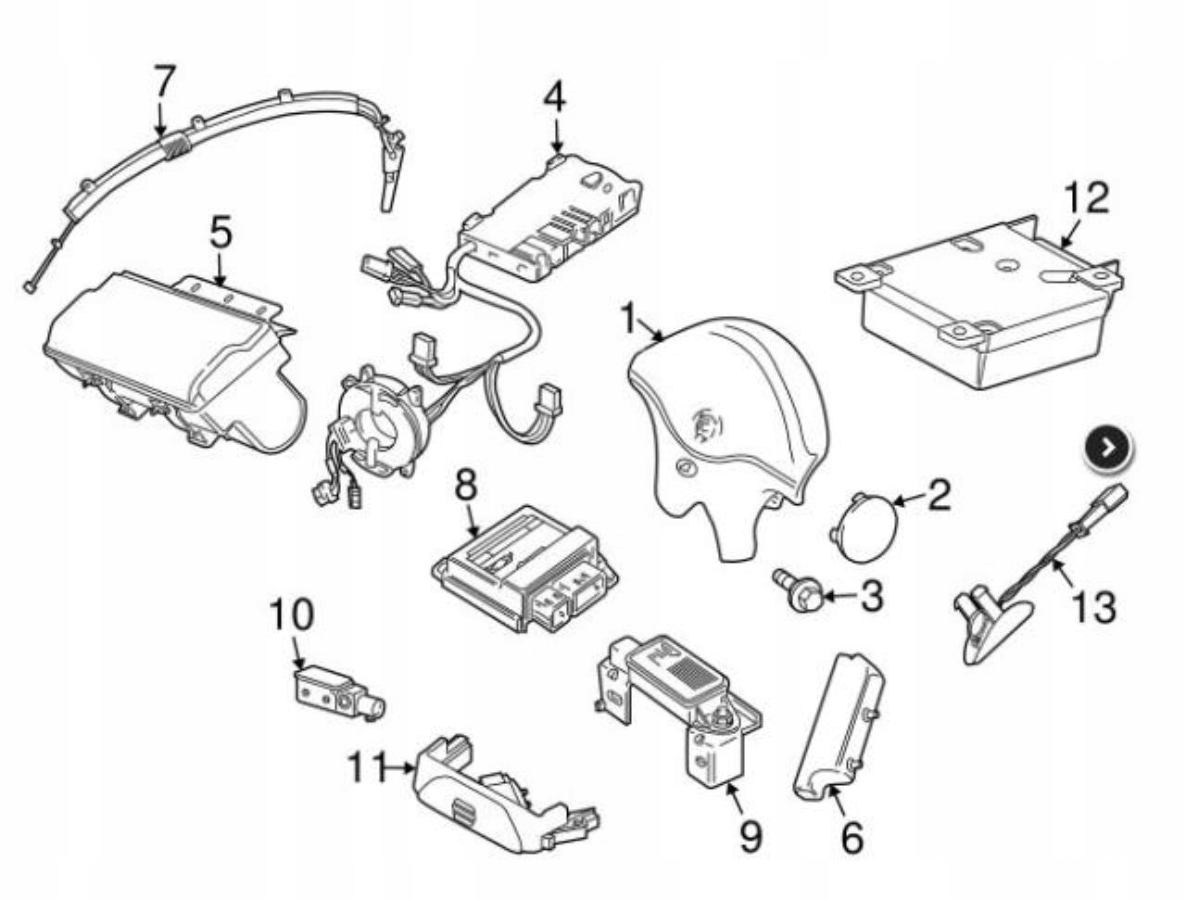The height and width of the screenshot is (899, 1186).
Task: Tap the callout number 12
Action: tap(1085, 197)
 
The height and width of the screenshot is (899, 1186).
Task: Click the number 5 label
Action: tap(220, 234)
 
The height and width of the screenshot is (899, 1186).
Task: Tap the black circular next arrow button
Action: tap(1108, 448)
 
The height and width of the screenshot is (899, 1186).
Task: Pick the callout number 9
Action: tap(750, 836)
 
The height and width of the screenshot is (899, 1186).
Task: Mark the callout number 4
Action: tap(554, 96)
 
